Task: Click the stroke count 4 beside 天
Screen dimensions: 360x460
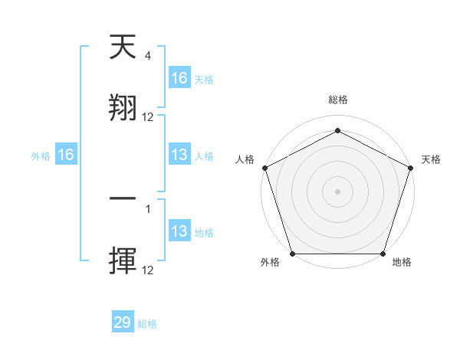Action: coord(147,56)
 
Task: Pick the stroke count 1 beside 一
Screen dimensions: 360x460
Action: coord(147,208)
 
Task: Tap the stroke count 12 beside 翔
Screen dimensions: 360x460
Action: coord(148,117)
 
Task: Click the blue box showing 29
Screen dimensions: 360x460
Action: coord(123,322)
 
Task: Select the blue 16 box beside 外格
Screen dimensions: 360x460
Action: coord(66,155)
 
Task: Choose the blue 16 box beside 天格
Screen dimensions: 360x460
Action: coord(179,77)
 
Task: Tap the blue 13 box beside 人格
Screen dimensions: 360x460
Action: coord(179,155)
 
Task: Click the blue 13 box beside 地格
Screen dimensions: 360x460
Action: coord(179,231)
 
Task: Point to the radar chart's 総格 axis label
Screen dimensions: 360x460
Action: coord(337,100)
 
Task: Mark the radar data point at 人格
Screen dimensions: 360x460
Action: coord(264,167)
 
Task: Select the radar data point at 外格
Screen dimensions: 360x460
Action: coord(292,253)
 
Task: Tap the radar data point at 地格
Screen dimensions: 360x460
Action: coord(383,253)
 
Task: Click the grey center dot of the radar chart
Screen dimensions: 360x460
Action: coord(337,191)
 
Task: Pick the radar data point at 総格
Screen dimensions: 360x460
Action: coord(337,131)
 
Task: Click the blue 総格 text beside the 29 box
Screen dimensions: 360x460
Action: coord(147,324)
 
